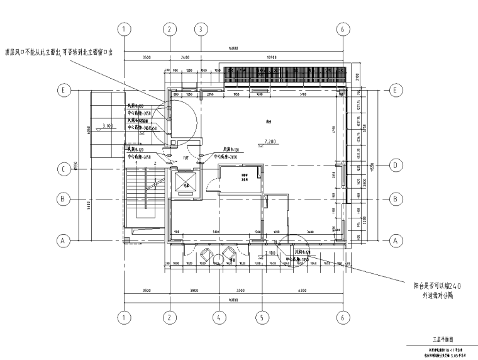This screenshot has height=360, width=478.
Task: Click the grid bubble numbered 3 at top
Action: [200, 30]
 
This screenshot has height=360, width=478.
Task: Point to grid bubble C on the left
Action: [63, 169]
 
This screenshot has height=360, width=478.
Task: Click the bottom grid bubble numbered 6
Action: [342, 318]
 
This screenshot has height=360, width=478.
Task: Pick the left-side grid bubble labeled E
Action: [63, 91]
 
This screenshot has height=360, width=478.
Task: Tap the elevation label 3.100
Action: [106, 126]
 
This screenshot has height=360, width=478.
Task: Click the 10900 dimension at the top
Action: [271, 57]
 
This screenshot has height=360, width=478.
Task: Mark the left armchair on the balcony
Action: [207, 256]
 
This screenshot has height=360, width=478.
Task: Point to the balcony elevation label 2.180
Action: [270, 253]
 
